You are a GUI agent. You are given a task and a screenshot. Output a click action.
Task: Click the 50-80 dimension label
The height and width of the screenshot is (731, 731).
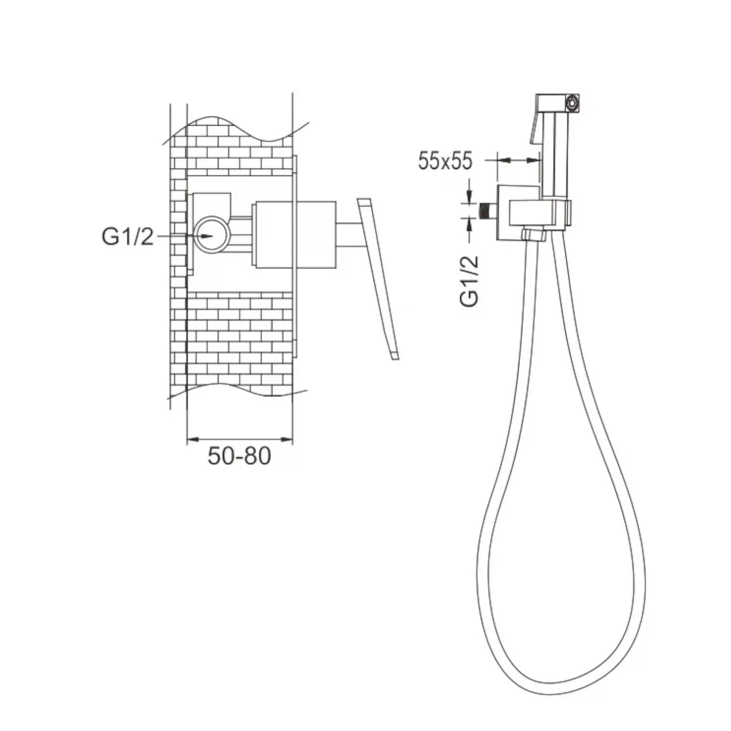239,457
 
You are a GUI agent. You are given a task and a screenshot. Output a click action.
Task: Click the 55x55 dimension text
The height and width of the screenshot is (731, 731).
445,160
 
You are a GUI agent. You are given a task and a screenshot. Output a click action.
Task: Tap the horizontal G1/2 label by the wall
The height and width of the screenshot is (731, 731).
128,237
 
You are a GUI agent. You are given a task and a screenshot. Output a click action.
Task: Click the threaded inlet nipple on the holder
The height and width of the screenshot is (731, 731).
487,211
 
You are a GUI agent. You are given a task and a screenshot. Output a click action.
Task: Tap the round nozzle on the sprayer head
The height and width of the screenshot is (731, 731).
571,103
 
